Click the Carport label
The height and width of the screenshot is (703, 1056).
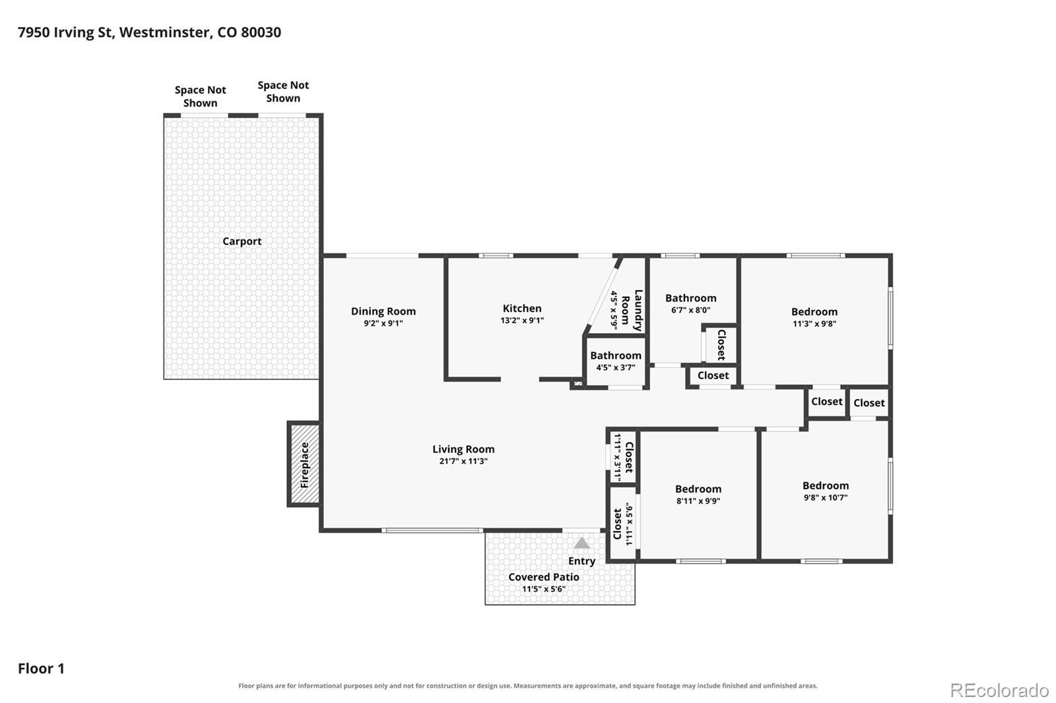[x=242, y=241]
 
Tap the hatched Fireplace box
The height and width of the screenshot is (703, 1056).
[x=304, y=464]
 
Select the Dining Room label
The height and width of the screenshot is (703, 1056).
[x=383, y=311]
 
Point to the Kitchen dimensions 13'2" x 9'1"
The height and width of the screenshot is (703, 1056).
[x=522, y=321]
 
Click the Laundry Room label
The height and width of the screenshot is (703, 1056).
[x=632, y=310]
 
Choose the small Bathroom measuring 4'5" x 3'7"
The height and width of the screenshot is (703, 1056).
[x=616, y=361]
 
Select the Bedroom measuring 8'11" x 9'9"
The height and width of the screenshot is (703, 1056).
[x=698, y=494]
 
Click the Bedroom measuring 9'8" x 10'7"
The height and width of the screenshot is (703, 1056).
[x=826, y=491]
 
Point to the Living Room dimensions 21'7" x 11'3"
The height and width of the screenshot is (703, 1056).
[x=463, y=461]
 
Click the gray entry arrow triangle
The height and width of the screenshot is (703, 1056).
[x=581, y=543]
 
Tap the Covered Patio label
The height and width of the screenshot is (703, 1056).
[x=544, y=577]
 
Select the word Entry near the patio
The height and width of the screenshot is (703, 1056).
[x=581, y=561]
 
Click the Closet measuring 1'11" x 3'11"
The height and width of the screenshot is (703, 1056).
[x=623, y=456]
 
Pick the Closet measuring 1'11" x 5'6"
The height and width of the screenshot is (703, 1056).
[x=623, y=524]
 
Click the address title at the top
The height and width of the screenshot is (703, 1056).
[x=149, y=32]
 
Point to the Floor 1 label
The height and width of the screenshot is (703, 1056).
[x=41, y=668]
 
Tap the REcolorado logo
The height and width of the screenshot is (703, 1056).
[x=999, y=690]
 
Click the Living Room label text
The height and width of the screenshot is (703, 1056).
[x=463, y=449]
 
